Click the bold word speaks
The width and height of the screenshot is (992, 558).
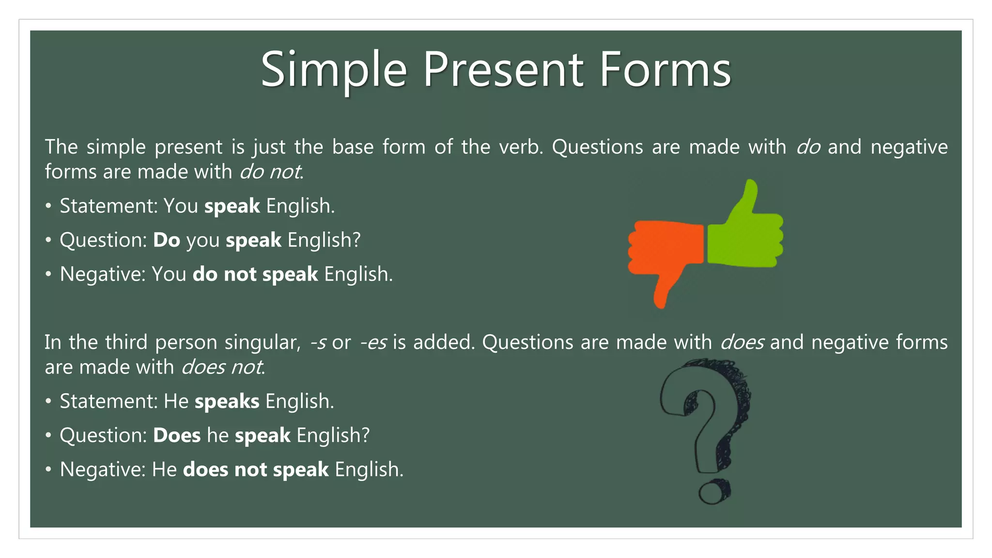(x=227, y=402)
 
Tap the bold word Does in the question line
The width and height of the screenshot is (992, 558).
(x=176, y=435)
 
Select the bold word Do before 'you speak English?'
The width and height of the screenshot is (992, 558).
(x=166, y=240)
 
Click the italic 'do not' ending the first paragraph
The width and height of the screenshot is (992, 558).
(x=270, y=172)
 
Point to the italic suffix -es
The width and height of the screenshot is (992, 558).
(x=373, y=342)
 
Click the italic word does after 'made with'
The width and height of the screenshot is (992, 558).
(x=742, y=342)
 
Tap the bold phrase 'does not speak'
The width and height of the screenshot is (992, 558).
(x=256, y=470)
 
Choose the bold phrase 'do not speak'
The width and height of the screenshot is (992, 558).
(x=255, y=275)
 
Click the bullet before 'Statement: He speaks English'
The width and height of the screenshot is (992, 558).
(x=48, y=402)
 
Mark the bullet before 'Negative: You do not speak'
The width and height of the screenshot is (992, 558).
(x=48, y=275)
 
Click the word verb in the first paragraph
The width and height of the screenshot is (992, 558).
(x=520, y=147)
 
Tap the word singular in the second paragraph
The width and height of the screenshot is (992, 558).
(x=262, y=342)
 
